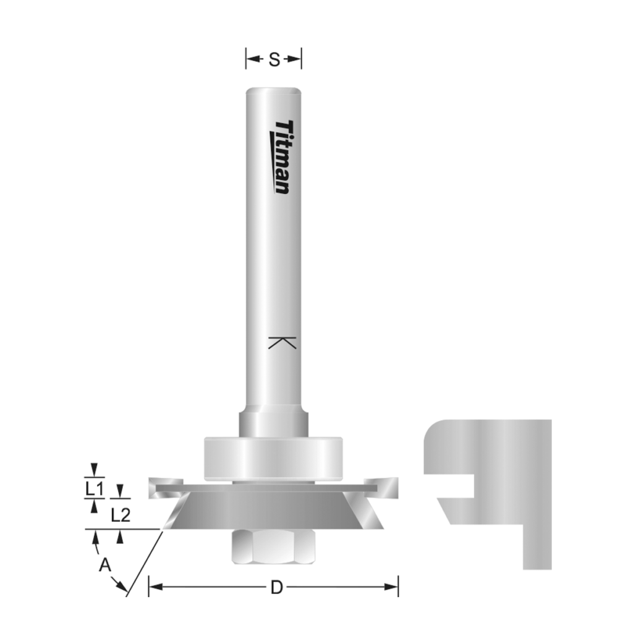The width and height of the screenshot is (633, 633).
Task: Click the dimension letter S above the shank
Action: pyautogui.click(x=274, y=60)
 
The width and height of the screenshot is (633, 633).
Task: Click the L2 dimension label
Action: pyautogui.click(x=121, y=514)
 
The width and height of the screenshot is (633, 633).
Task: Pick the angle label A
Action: pyautogui.click(x=105, y=564)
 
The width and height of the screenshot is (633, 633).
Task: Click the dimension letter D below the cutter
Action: pyautogui.click(x=276, y=587)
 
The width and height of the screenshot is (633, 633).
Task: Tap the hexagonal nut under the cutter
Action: pyautogui.click(x=273, y=546)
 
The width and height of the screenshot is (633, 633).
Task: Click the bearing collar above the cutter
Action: pyautogui.click(x=273, y=458)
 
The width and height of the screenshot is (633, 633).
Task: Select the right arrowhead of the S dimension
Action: pyautogui.click(x=296, y=60)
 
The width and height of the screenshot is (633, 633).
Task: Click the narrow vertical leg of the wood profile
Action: pyautogui.click(x=537, y=544)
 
